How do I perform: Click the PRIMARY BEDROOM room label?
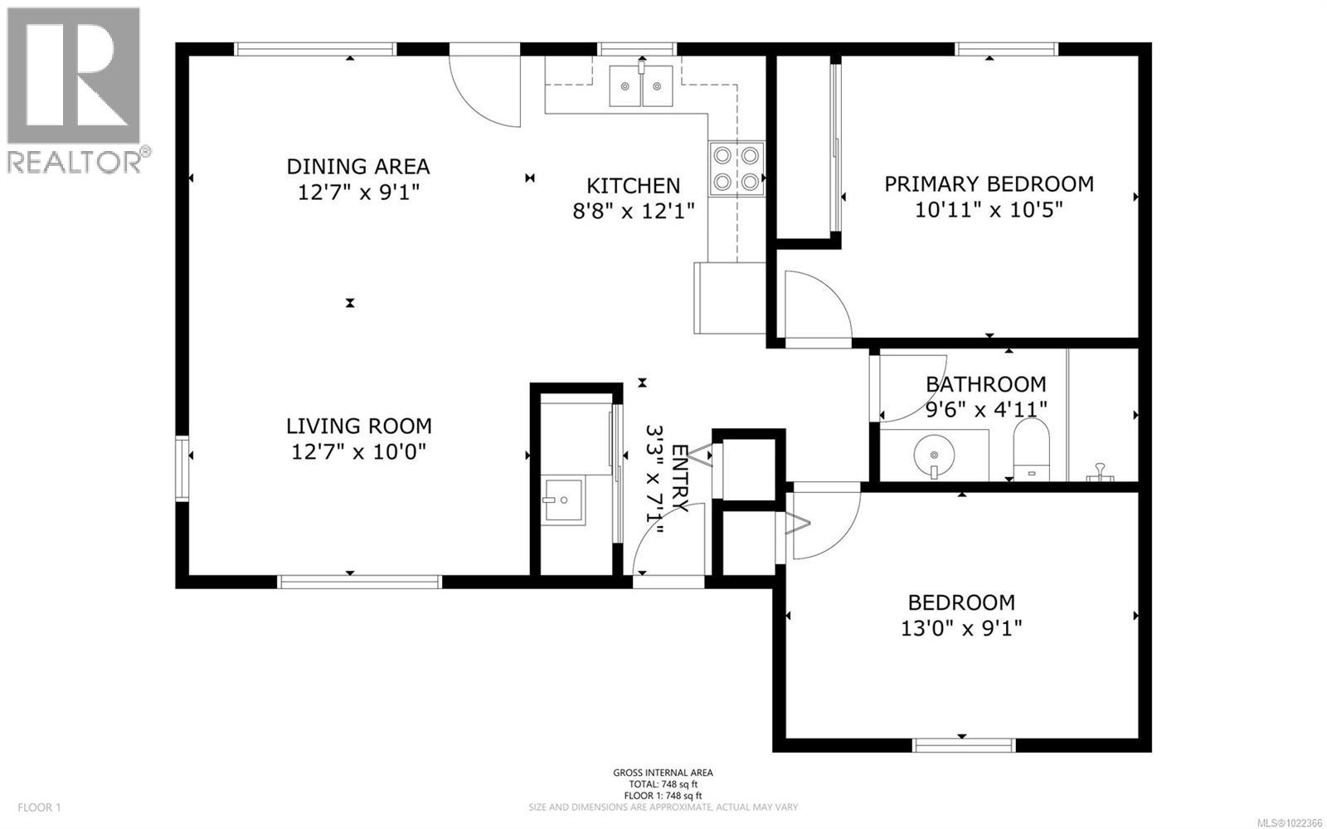[x=989, y=184]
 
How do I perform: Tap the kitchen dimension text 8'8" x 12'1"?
[x=633, y=211]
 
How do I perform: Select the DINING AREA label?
[x=357, y=167]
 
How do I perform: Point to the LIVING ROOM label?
[x=358, y=426]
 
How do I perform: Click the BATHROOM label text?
[x=986, y=384]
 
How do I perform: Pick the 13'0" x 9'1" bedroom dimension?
[x=961, y=628]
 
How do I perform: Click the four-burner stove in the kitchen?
[x=736, y=169]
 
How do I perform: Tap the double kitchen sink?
[x=641, y=86]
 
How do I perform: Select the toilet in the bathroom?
[x=1032, y=449]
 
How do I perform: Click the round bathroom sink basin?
[x=934, y=455]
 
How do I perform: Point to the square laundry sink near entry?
[x=563, y=500]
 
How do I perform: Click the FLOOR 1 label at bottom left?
[x=39, y=807]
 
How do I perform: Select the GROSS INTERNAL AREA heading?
[x=663, y=773]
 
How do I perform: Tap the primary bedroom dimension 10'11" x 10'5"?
[x=989, y=210]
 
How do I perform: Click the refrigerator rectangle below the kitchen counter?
[x=730, y=298]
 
